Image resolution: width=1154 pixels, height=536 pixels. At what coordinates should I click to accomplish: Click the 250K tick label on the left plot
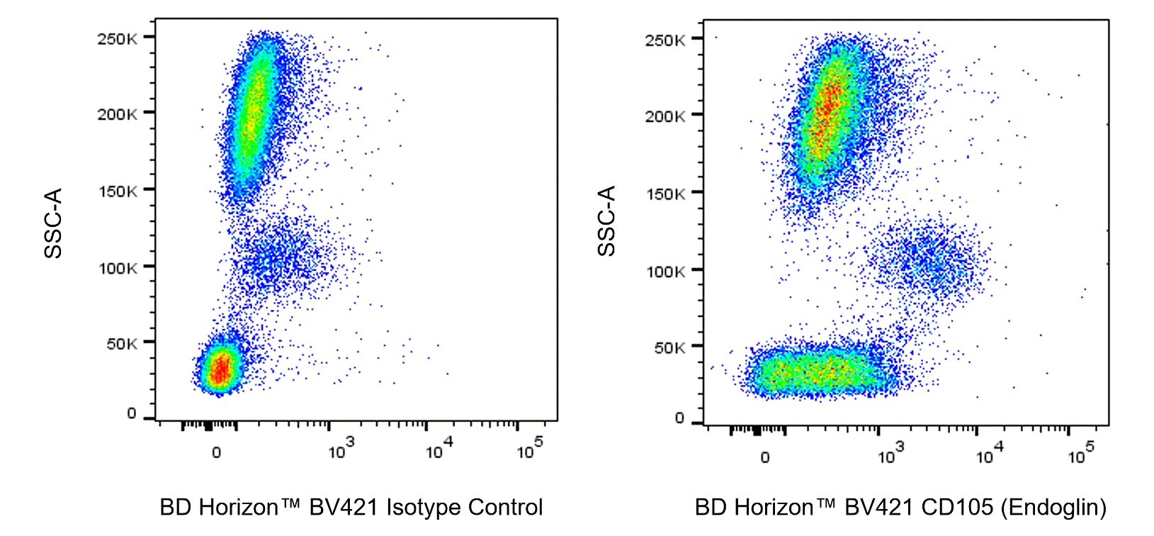pyautogui.click(x=117, y=38)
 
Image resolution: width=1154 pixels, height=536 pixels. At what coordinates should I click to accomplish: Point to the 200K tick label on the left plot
pyautogui.click(x=117, y=114)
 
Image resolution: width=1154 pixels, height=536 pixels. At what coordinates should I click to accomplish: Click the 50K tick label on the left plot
pyautogui.click(x=121, y=344)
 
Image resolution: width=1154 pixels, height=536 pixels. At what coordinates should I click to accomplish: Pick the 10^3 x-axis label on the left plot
pyautogui.click(x=340, y=450)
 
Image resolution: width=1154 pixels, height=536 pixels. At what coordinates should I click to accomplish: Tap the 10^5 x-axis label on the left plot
pyautogui.click(x=529, y=450)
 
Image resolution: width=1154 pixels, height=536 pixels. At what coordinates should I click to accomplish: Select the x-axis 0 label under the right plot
pyautogui.click(x=764, y=458)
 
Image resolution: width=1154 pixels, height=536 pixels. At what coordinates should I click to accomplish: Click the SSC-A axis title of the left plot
pyautogui.click(x=54, y=223)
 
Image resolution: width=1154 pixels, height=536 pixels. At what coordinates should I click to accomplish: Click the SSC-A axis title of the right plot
pyautogui.click(x=606, y=220)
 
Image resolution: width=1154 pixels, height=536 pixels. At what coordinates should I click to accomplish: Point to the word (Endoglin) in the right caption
pyautogui.click(x=1056, y=508)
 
